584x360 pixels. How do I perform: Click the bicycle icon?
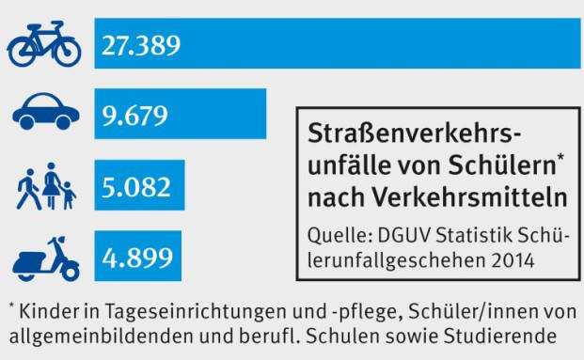click(44, 45)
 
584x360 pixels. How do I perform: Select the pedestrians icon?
click(45, 185)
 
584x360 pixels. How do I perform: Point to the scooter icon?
click(45, 256)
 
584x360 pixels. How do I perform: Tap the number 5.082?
click(136, 185)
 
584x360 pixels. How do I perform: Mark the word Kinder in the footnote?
click(45, 310)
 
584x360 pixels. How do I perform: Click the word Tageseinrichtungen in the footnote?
click(166, 311)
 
